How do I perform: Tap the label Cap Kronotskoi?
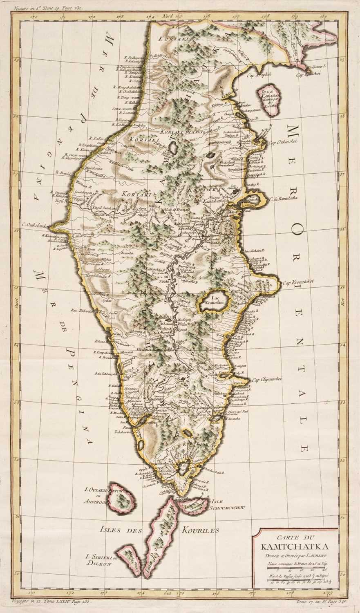click(x=299, y=282)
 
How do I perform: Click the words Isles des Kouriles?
click(x=159, y=530)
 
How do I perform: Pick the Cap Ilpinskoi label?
click(x=309, y=75)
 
